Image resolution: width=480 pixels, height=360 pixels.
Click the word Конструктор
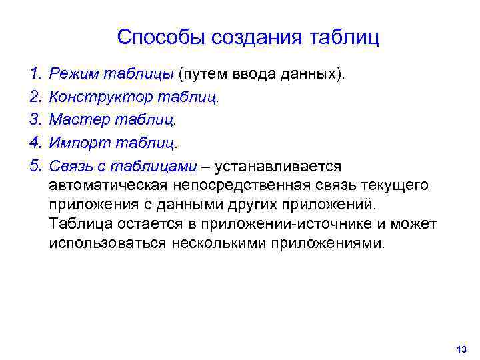coord(100,97)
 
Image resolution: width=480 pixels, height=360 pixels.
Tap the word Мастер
coord(75,120)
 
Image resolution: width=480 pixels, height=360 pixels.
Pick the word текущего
coord(395,185)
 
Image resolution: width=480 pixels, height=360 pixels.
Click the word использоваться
coord(107,242)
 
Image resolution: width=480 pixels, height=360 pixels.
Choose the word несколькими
coord(219,242)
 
